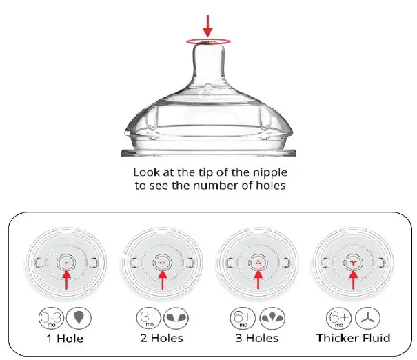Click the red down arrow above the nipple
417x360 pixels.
click(208, 25)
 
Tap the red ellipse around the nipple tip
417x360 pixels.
click(208, 41)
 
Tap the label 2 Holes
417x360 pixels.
click(163, 338)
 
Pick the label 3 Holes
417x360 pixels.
click(258, 338)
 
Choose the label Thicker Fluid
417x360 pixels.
click(353, 338)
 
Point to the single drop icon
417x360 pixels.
click(81, 316)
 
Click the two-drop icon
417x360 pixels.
click(176, 316)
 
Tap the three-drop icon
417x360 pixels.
click(272, 316)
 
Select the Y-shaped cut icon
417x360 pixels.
click(367, 316)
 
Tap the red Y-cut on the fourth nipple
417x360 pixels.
click(352, 263)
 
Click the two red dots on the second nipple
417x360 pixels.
click(162, 263)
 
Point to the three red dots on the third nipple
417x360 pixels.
click(258, 263)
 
